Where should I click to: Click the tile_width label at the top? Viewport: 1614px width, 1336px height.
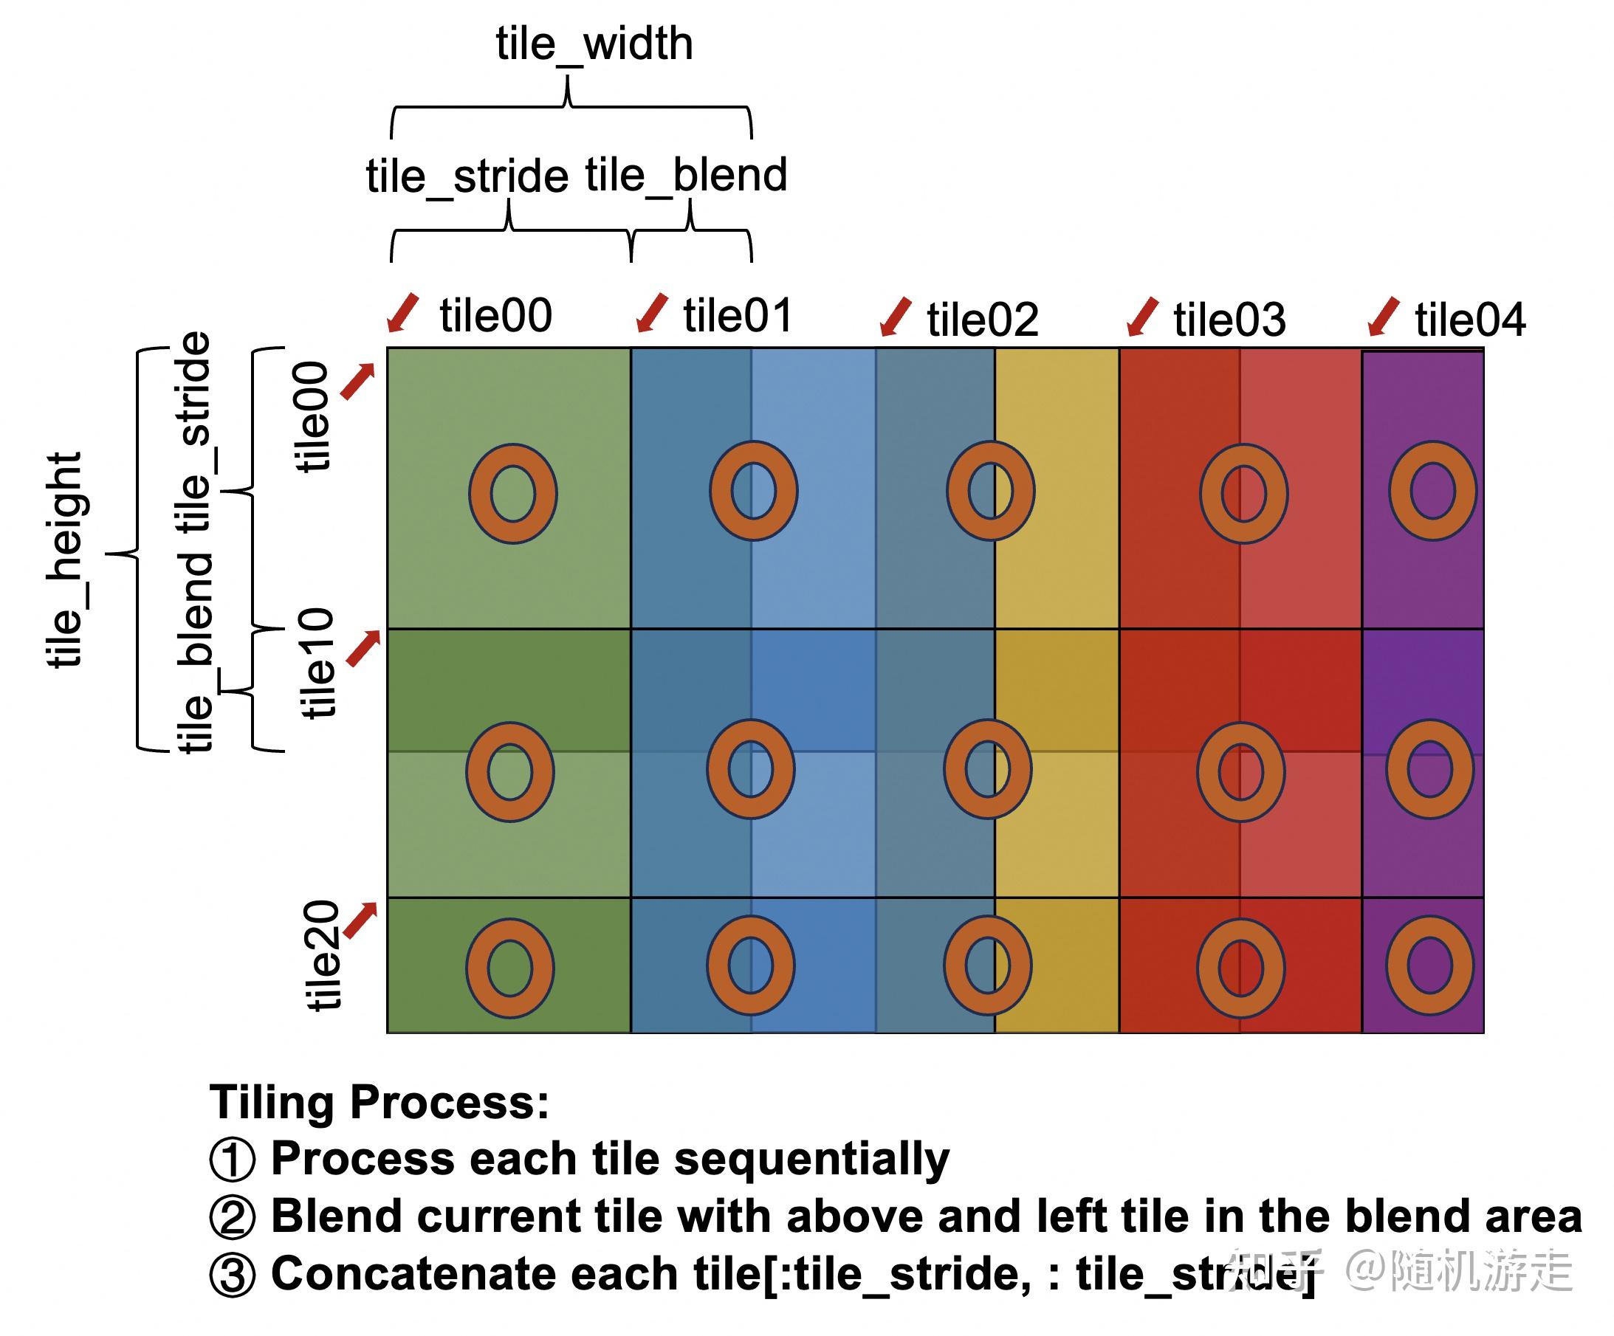coord(594,45)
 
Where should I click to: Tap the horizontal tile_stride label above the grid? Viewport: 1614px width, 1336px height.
coord(467,176)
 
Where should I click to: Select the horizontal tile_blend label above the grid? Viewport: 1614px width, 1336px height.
coord(686,176)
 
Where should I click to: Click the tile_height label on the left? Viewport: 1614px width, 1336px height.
coord(64,560)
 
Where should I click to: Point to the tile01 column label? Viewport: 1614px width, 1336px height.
coord(738,316)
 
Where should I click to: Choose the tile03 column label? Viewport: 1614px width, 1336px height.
coord(1229,320)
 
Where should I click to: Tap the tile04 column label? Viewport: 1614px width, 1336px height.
coord(1470,320)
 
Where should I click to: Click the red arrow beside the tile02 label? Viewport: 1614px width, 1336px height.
coord(896,317)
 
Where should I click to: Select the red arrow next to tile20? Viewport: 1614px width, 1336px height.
coord(360,920)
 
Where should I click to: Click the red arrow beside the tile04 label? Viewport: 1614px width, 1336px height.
coord(1384,317)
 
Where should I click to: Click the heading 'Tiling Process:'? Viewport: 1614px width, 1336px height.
coord(380,1103)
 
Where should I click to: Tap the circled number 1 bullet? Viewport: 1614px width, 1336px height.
coord(231,1160)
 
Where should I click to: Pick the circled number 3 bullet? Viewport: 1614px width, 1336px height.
coord(231,1275)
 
